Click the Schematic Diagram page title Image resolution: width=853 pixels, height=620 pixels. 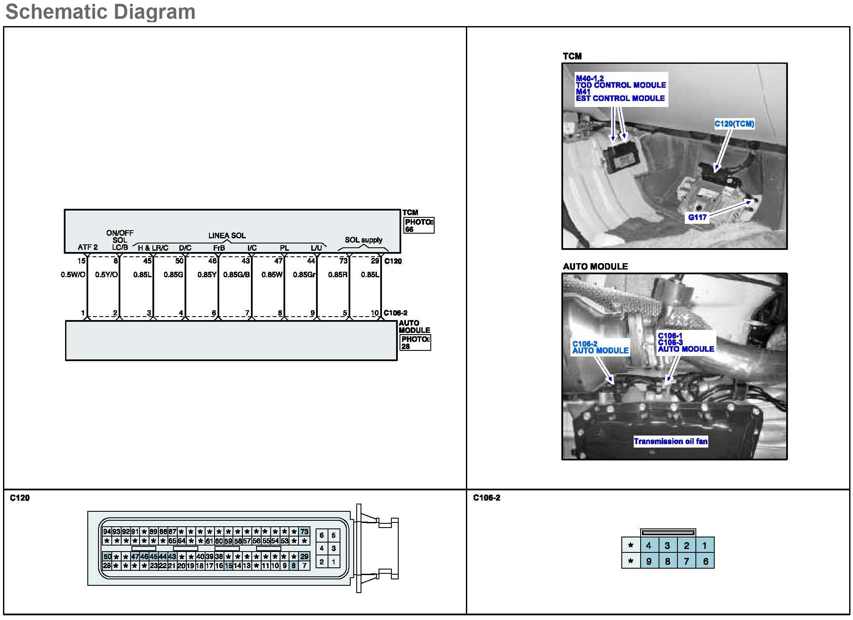pos(100,12)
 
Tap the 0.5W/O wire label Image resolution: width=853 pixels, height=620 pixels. pos(73,275)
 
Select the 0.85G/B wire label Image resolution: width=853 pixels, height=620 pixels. pos(236,275)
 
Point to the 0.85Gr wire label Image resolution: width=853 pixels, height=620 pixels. pos(304,275)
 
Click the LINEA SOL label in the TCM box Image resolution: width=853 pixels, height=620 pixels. pos(227,236)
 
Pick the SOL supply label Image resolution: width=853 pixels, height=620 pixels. pos(364,240)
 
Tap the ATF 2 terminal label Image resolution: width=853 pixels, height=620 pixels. pos(87,247)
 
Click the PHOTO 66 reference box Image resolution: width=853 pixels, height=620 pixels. pos(419,225)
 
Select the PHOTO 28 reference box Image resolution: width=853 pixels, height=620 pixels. pos(415,343)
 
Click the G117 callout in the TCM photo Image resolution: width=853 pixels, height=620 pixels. pos(697,217)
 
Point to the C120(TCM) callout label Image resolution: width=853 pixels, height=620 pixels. pos(734,124)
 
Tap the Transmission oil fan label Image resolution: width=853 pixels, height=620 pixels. pos(671,442)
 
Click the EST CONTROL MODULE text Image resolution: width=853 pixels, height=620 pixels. pos(620,98)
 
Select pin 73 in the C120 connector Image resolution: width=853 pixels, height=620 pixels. pos(304,532)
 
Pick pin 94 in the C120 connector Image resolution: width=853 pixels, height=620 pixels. pos(107,532)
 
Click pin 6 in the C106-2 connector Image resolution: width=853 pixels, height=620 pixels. pos(705,561)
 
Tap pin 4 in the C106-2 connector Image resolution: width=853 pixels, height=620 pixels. pos(649,546)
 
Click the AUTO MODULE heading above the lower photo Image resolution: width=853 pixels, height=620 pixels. pos(595,267)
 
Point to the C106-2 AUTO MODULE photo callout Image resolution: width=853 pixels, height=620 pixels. pos(600,347)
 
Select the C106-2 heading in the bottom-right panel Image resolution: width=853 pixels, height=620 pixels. pos(486,498)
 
